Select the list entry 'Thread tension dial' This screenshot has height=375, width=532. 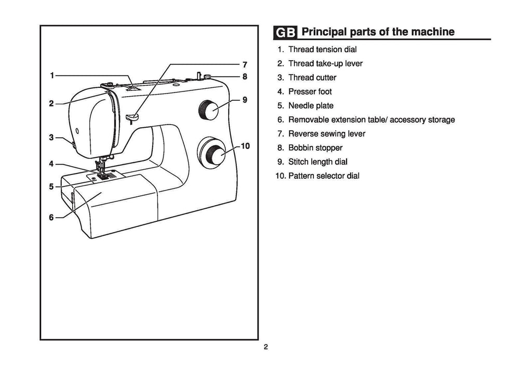[322, 50]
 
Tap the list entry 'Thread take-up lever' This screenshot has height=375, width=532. [325, 64]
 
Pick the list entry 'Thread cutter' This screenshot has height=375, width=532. [312, 78]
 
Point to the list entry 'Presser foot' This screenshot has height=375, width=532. [310, 92]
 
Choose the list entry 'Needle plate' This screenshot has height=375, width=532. [311, 106]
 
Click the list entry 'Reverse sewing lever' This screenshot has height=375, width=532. [327, 134]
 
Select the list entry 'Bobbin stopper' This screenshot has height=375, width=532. [315, 148]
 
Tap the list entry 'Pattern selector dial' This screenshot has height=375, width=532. [324, 176]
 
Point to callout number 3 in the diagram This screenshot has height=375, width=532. [51, 138]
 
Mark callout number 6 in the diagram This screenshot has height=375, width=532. [51, 218]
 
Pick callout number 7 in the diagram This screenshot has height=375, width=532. [245, 65]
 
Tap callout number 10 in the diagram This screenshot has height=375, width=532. [246, 146]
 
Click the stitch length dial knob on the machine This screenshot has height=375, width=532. [209, 110]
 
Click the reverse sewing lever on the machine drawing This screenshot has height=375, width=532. [131, 116]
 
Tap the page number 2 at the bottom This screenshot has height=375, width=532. [265, 347]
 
